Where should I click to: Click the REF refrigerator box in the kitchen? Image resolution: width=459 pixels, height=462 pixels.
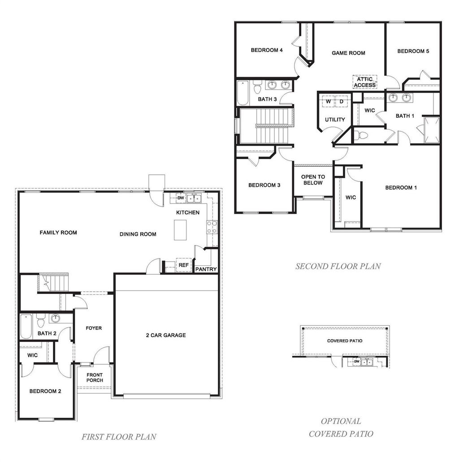[x=184, y=265]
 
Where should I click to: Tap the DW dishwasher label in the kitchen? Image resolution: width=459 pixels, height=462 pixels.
[x=181, y=198]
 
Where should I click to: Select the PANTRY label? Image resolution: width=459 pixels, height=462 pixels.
[x=206, y=269]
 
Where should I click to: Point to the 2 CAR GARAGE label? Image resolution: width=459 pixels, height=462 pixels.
[x=166, y=335]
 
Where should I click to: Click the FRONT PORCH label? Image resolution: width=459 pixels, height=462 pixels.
[x=95, y=378]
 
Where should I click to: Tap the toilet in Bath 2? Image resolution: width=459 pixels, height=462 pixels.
[x=40, y=321]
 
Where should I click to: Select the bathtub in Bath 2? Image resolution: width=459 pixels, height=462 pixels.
[x=26, y=327]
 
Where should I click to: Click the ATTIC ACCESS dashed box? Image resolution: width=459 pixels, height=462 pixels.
[x=364, y=82]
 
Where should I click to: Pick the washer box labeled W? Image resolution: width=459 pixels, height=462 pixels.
[x=328, y=102]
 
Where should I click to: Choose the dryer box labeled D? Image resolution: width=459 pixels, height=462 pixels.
[x=341, y=102]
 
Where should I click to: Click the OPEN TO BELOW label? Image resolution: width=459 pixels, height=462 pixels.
[x=313, y=180]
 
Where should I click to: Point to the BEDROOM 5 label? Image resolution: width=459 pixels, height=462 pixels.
[x=413, y=51]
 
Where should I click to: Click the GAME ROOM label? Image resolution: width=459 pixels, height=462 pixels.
[x=348, y=53]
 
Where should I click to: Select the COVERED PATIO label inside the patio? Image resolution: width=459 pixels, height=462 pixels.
[x=344, y=341]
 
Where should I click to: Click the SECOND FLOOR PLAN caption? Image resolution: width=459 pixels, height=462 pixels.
[x=338, y=266]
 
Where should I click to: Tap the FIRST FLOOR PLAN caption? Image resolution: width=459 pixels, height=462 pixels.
[x=119, y=436]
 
